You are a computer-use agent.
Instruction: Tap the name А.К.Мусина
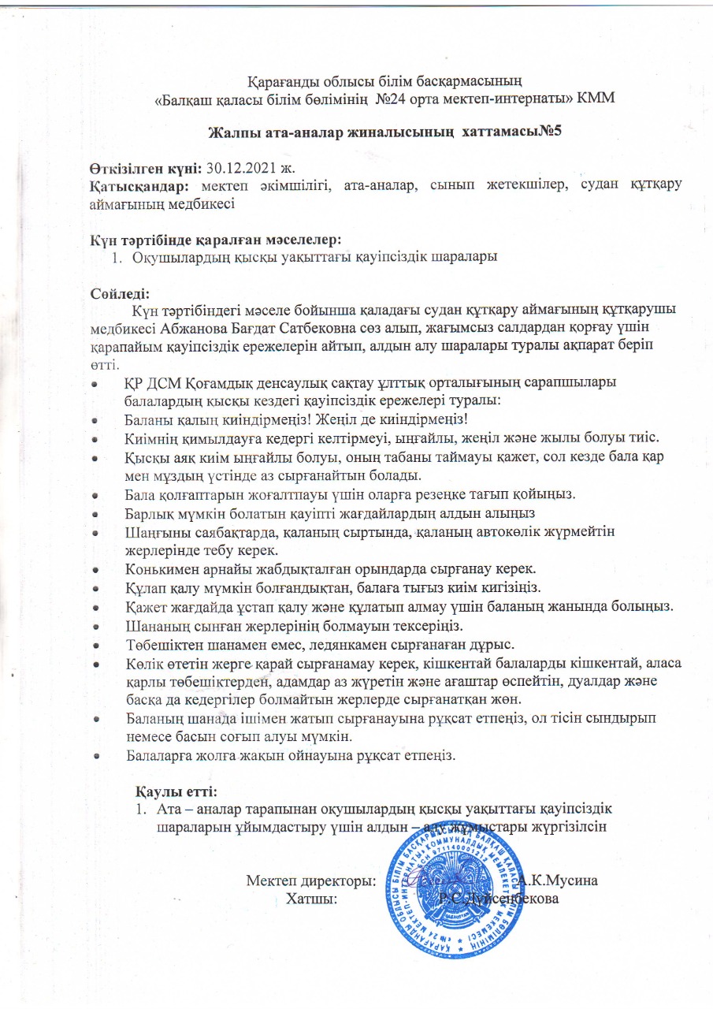point(561,881)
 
